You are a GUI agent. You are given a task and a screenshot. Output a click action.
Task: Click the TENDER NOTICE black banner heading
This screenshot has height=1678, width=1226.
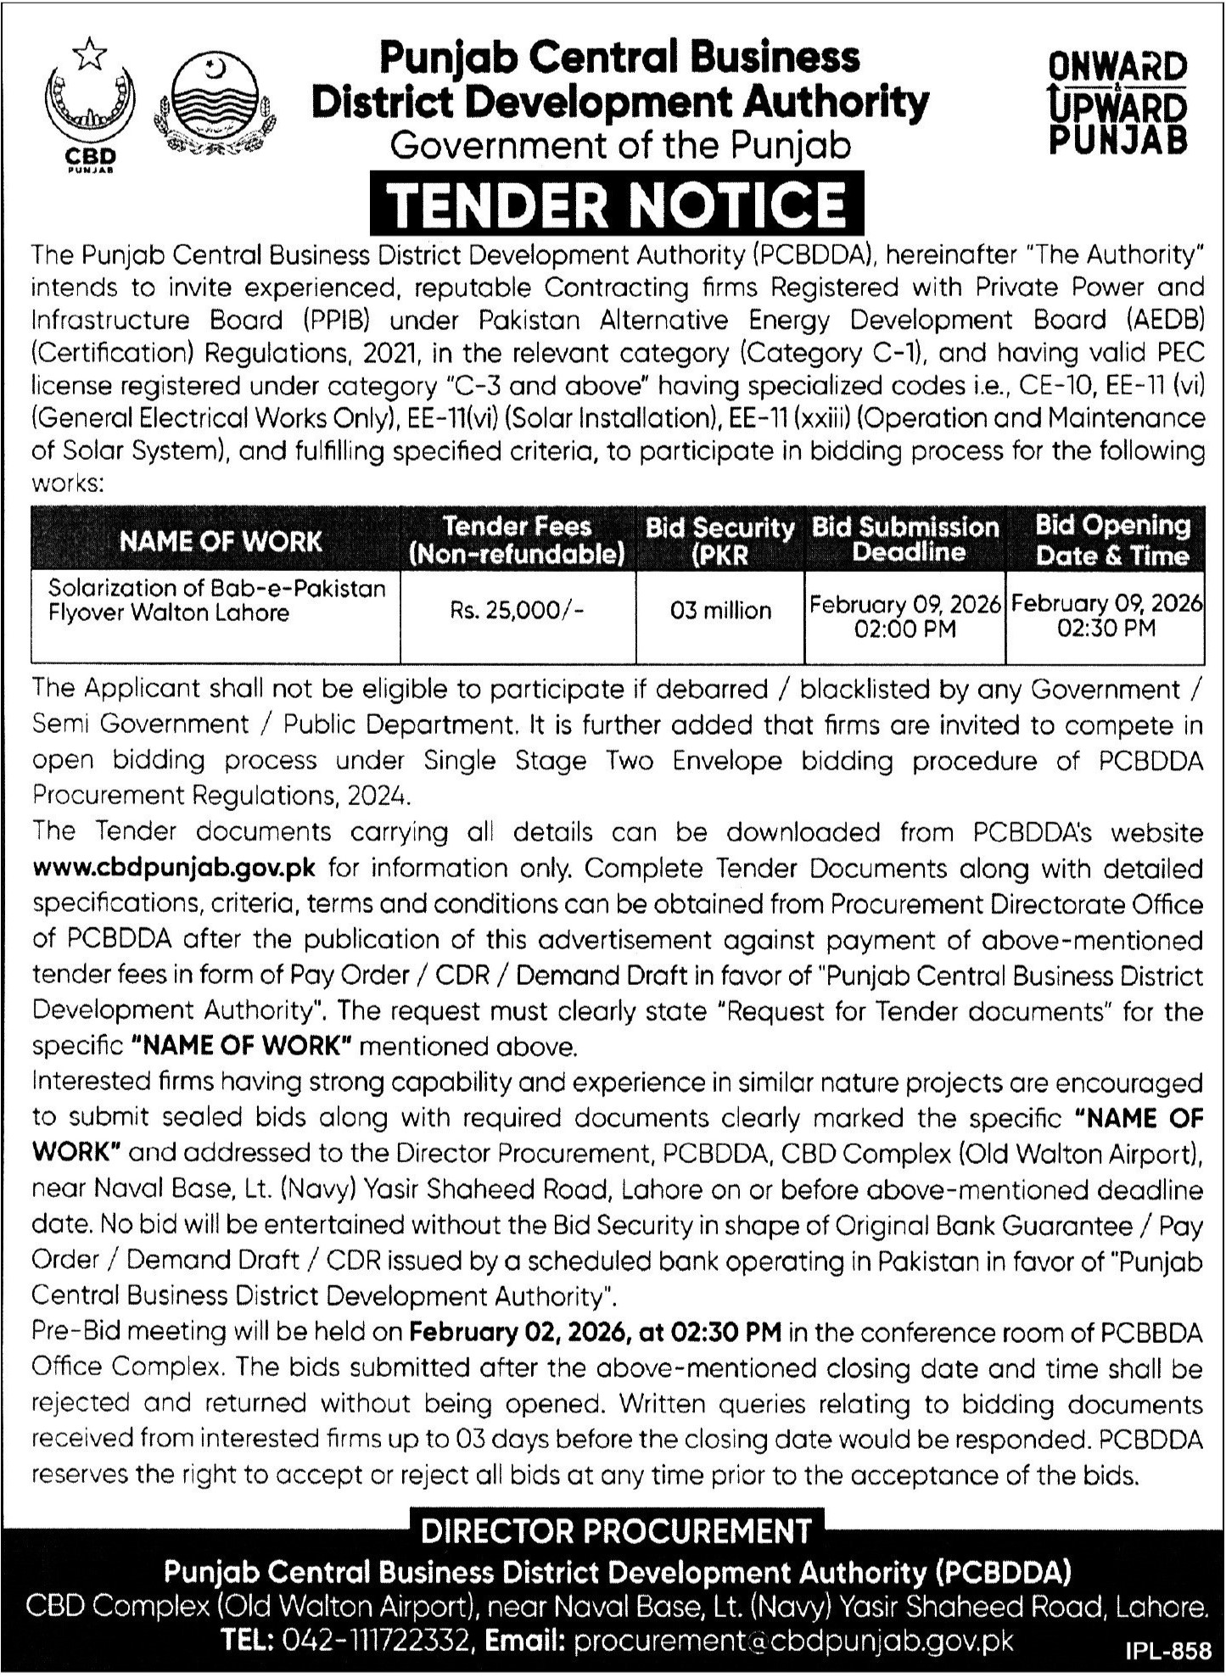click(x=617, y=204)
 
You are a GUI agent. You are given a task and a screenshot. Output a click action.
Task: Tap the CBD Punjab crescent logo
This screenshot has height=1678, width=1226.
click(x=90, y=106)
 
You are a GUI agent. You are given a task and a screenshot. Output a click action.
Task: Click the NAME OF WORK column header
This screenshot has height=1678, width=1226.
click(x=221, y=541)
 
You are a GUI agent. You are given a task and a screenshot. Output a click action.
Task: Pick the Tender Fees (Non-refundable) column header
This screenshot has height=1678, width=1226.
click(x=517, y=540)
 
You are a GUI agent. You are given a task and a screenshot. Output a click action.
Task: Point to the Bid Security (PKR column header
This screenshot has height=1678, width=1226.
click(x=719, y=540)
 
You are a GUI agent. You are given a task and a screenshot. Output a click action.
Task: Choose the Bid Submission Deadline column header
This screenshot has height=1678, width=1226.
click(x=905, y=540)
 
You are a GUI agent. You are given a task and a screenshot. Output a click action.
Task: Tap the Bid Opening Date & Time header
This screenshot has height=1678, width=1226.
click(x=1112, y=540)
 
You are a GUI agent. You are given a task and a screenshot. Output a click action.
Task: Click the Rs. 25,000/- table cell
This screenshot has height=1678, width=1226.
click(x=517, y=611)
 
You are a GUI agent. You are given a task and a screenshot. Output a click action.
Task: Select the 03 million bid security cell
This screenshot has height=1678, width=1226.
click(x=720, y=611)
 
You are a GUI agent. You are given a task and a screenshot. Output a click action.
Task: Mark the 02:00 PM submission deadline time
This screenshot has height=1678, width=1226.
click(x=906, y=629)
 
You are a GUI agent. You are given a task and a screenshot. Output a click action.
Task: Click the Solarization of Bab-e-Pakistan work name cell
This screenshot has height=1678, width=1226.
click(x=216, y=600)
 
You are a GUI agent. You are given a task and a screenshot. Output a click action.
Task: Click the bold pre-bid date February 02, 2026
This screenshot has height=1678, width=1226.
click(x=516, y=1333)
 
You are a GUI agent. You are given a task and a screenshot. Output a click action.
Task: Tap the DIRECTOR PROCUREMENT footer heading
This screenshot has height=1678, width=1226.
click(x=616, y=1531)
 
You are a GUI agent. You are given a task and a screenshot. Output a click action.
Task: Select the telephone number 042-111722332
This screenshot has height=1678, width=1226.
click(x=370, y=1642)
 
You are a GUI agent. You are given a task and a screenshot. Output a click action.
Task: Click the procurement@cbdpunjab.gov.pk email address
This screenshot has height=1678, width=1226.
click(x=793, y=1642)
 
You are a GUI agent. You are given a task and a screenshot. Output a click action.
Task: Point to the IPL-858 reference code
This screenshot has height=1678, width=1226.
click(x=1168, y=1652)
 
